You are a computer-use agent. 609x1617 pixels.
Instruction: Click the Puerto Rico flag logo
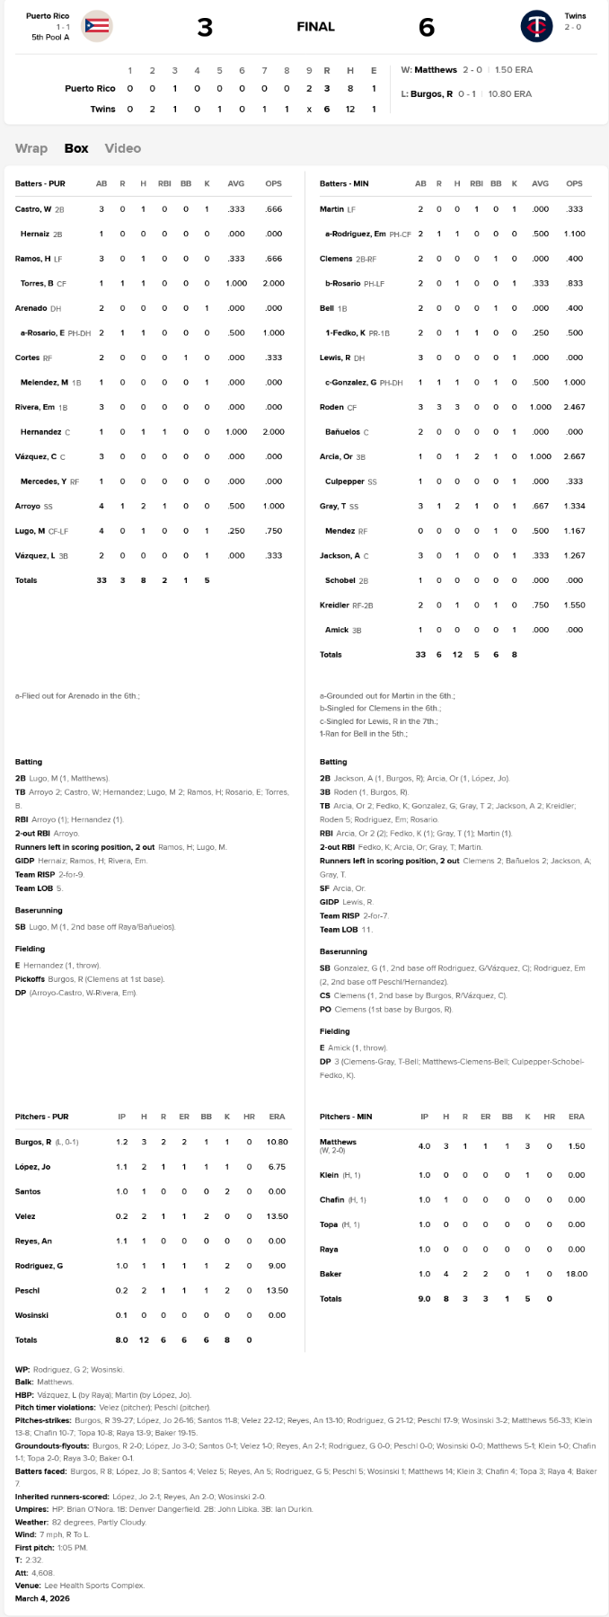point(96,26)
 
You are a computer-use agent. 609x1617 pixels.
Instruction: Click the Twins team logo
point(536,26)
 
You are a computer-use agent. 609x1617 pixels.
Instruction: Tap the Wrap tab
point(31,148)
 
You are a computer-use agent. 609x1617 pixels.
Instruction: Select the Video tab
point(122,148)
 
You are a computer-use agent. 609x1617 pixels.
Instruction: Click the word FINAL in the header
point(315,27)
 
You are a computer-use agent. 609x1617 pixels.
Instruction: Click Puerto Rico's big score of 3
point(205,28)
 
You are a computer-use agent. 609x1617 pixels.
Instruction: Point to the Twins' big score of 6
point(427,28)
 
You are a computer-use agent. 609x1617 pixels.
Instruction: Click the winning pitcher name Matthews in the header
point(435,69)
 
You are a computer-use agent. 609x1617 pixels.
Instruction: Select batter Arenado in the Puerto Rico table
point(31,308)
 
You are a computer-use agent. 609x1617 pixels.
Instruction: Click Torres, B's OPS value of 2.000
point(273,284)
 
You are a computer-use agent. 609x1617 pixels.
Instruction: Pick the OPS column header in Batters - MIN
point(574,184)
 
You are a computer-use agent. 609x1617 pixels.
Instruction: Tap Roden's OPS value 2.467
point(574,407)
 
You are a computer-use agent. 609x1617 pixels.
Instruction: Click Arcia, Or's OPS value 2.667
point(574,456)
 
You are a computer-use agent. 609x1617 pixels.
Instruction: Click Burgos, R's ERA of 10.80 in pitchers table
point(277,1142)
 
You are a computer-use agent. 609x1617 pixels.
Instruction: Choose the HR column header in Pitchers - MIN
point(549,1117)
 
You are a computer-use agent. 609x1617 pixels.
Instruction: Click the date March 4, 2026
point(42,1598)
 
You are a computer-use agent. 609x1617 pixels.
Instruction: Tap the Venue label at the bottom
point(26,1586)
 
